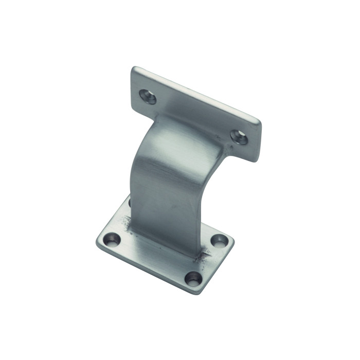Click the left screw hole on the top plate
[x=148, y=96]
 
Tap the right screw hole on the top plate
[x=239, y=136]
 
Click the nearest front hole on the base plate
[x=194, y=278]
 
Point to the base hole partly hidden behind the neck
[x=129, y=202]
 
